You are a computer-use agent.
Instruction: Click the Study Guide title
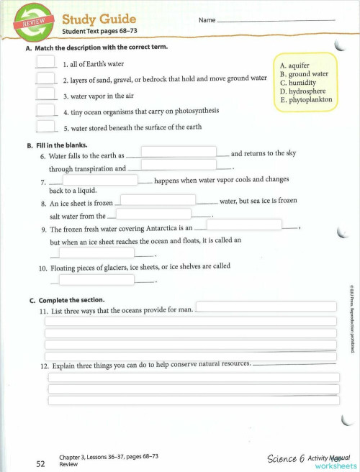98,19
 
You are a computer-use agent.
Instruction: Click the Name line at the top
275,20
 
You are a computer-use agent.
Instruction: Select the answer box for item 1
45,63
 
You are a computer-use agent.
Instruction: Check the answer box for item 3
45,94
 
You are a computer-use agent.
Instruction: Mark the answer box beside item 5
45,126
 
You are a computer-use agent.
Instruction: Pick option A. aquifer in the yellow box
294,65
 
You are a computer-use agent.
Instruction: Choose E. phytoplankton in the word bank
307,100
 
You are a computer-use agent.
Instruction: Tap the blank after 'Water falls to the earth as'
179,153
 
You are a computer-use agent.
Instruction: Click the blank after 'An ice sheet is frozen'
158,200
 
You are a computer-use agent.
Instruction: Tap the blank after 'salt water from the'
153,214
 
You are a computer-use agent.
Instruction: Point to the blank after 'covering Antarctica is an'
243,225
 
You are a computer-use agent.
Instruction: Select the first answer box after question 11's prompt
266,307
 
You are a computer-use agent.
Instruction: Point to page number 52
41,464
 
